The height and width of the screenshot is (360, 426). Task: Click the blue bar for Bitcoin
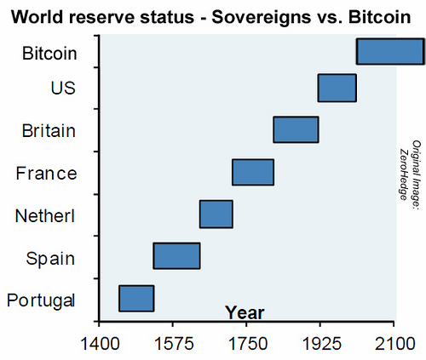[x=389, y=52]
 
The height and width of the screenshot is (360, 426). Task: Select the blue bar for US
[x=337, y=88]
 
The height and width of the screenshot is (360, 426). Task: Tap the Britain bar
[x=296, y=129]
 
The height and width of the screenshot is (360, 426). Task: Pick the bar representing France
[x=253, y=172]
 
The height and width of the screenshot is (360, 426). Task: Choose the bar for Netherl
[x=216, y=214]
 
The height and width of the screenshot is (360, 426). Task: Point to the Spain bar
[x=176, y=256]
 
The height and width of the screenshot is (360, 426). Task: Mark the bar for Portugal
[x=136, y=299]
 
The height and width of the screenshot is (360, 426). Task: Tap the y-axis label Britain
[x=49, y=131]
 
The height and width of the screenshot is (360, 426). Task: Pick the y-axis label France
[x=47, y=174]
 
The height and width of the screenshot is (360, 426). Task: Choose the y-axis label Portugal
[x=41, y=300]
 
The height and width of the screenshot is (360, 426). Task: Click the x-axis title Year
[x=245, y=312]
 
